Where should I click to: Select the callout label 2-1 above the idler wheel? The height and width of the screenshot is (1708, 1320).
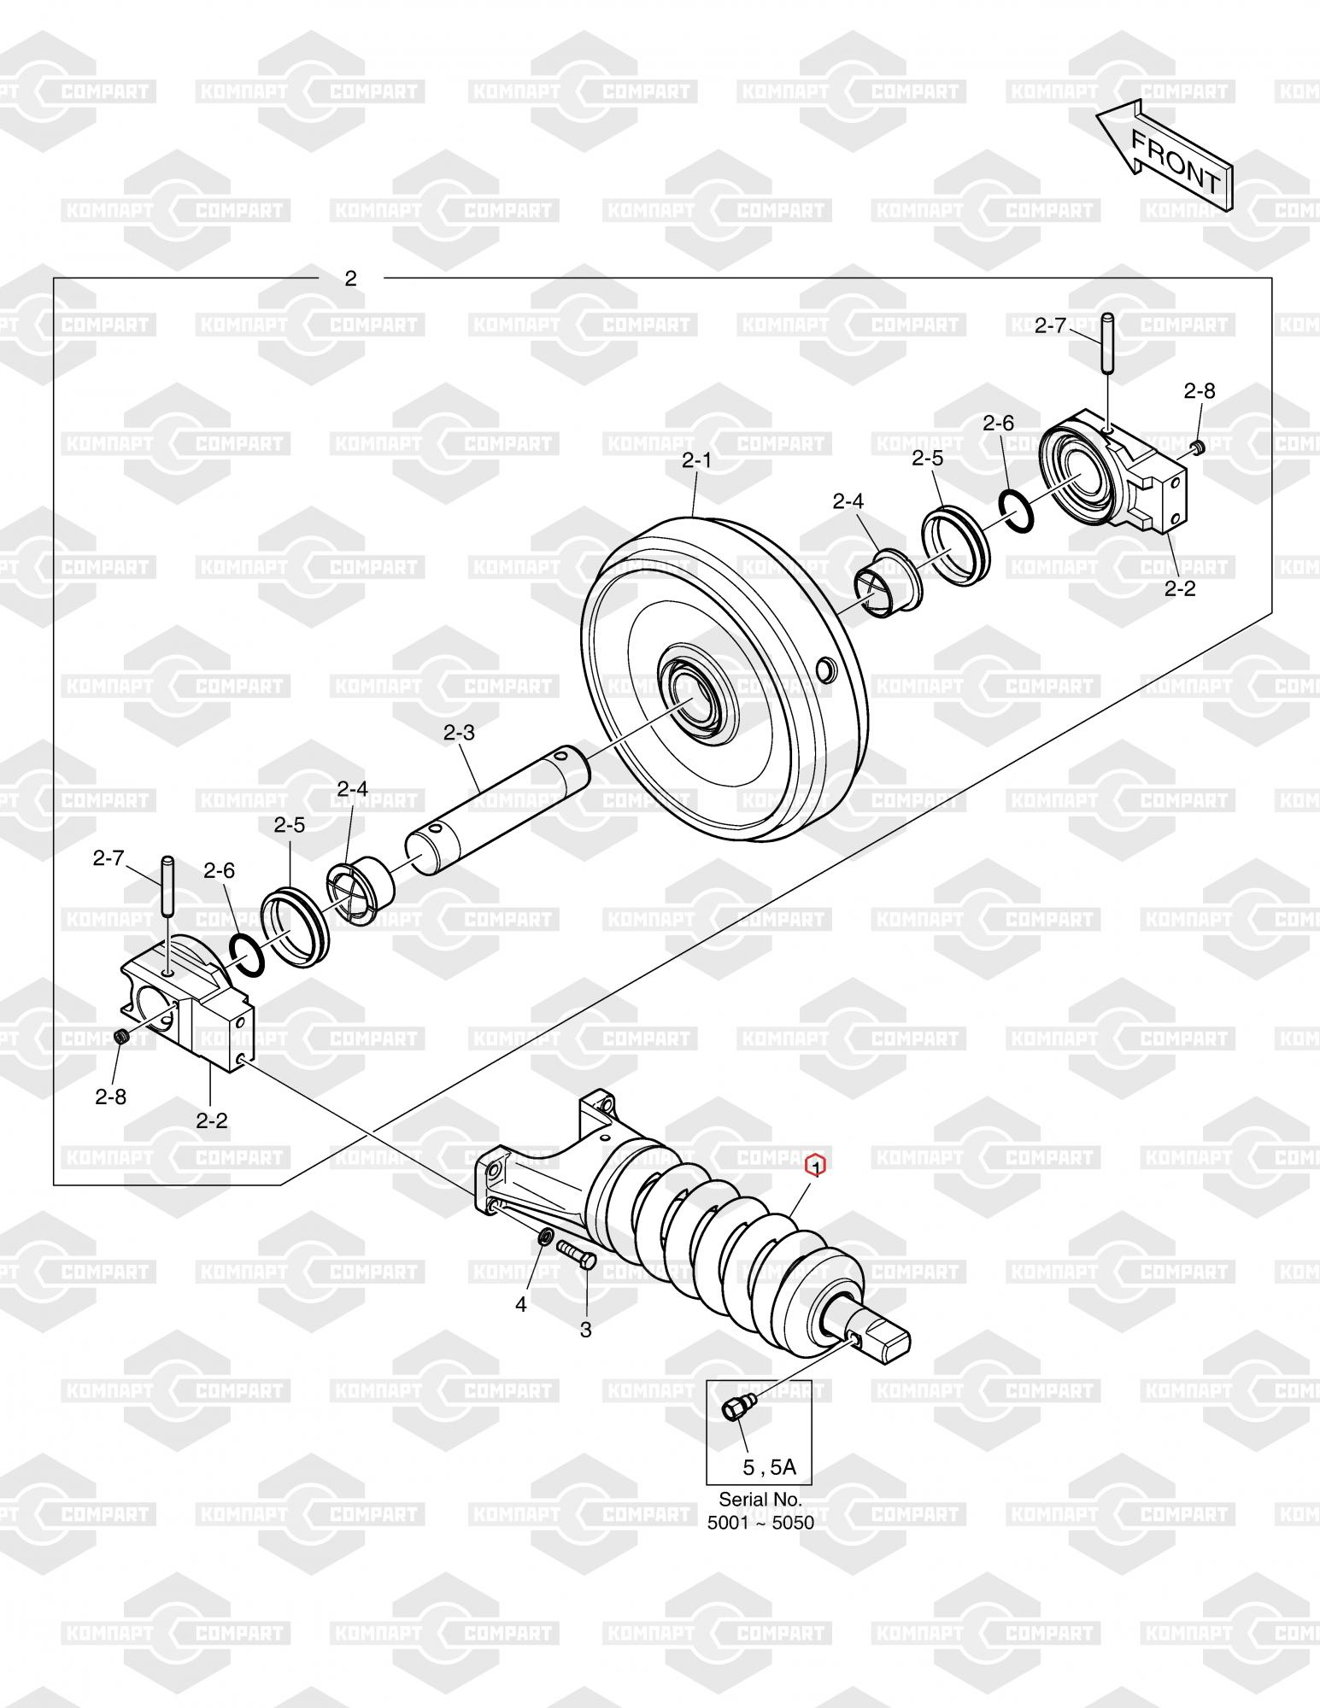click(696, 460)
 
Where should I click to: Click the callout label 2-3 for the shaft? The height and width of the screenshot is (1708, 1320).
click(459, 733)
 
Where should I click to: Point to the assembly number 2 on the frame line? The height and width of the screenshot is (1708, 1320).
click(350, 278)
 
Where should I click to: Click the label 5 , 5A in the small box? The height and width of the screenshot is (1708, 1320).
click(769, 1467)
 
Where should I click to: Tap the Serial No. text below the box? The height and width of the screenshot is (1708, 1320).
click(760, 1499)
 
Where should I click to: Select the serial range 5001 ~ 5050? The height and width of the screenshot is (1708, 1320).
click(760, 1523)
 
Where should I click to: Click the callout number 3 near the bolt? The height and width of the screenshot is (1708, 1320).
click(585, 1330)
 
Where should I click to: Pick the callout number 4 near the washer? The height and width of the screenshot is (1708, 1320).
click(520, 1306)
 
